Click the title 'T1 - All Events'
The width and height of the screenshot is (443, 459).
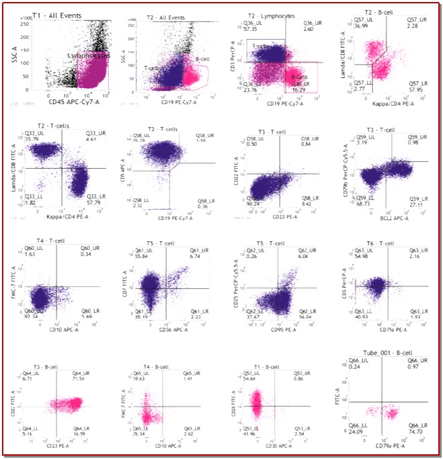[58, 13]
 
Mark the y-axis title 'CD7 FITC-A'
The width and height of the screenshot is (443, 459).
[125, 280]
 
